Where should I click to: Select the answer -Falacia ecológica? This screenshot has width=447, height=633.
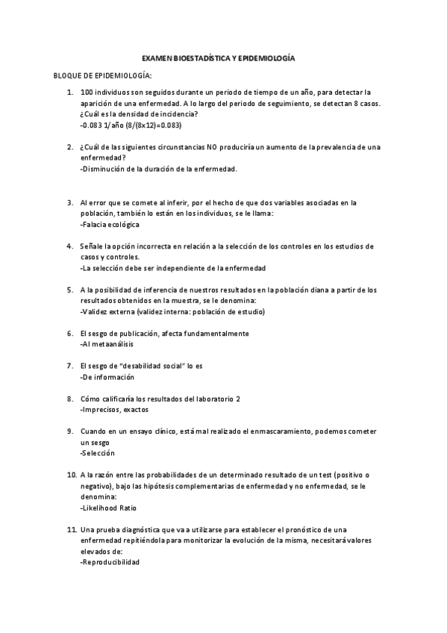pos(109,224)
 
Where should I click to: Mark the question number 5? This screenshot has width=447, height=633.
pos(70,290)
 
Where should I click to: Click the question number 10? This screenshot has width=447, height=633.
pos(72,474)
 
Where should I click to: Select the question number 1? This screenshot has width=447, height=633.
pos(70,93)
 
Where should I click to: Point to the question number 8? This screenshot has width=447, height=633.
pos(70,399)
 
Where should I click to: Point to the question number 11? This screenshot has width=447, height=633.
pos(72,528)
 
